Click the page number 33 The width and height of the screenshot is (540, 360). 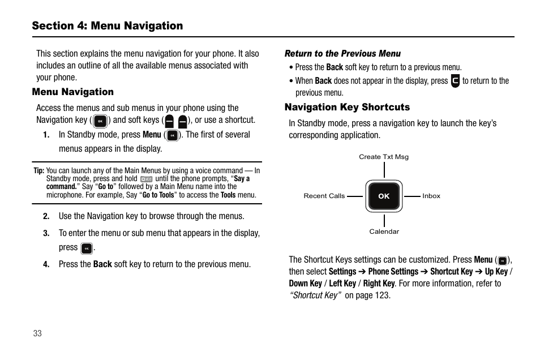click(37, 333)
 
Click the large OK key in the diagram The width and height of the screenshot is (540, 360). click(384, 196)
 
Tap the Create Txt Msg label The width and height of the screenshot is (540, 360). click(383, 157)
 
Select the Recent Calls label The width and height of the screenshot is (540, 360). click(324, 196)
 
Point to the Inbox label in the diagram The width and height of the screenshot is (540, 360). click(431, 196)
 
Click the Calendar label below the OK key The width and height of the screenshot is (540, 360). click(384, 232)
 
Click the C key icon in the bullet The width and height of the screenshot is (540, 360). click(455, 81)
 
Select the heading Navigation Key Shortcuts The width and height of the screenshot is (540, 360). click(346, 107)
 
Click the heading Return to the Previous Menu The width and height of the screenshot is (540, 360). click(342, 54)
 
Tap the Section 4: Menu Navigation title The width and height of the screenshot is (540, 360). click(108, 25)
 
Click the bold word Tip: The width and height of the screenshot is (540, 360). click(38, 170)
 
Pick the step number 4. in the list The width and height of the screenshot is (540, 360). click(46, 264)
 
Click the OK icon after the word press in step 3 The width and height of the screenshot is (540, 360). click(86, 248)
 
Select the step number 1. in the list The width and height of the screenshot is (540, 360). click(46, 135)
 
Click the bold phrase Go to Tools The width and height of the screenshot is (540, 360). click(158, 195)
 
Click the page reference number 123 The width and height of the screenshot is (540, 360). click(382, 295)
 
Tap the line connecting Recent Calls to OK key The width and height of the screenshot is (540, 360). click(354, 196)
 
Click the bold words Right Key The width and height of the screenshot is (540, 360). click(379, 283)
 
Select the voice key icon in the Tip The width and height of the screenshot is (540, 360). click(146, 179)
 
